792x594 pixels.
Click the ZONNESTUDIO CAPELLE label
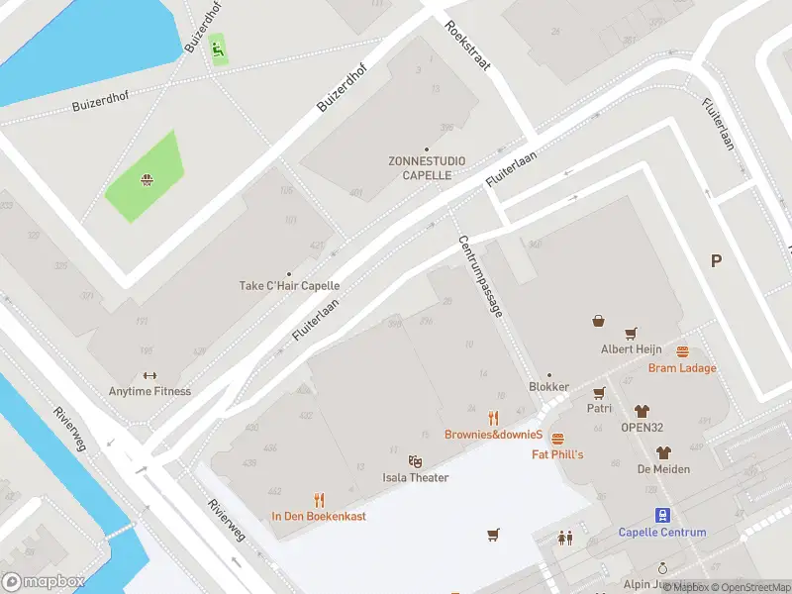tap(427, 167)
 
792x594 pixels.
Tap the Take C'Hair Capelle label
tap(289, 286)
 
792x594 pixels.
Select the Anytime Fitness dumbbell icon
tap(149, 375)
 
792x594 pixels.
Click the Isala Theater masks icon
tap(416, 461)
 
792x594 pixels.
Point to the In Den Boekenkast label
tap(319, 516)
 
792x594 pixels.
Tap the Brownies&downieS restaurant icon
tap(493, 418)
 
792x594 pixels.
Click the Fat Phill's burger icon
tap(557, 439)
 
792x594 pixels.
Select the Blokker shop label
tap(549, 387)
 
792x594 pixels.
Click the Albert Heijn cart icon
tap(630, 334)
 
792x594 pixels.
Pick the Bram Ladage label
tap(682, 368)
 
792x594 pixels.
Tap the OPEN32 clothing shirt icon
tap(642, 410)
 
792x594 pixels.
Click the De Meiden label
tap(663, 468)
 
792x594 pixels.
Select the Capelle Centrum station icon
tap(662, 515)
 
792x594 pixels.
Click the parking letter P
tap(716, 261)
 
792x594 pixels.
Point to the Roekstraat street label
tap(467, 46)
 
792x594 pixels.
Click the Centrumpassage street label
tap(480, 276)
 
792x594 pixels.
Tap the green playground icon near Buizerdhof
tap(217, 47)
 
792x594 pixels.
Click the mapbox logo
tap(44, 582)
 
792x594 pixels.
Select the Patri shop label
tap(599, 408)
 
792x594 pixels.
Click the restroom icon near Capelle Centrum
tap(565, 538)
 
